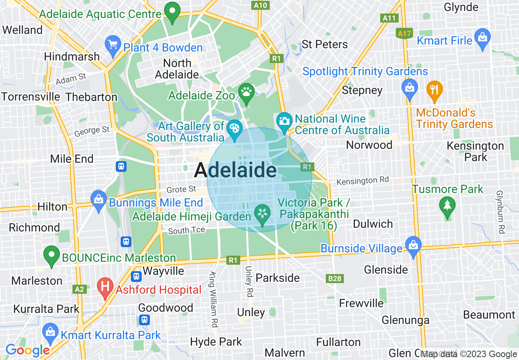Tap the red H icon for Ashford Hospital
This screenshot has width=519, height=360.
[105, 287]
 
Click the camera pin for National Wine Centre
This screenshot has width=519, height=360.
[284, 122]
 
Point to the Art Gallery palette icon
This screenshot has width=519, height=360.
[234, 129]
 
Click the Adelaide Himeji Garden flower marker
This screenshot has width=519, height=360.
[262, 214]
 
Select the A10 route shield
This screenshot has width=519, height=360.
[260, 5]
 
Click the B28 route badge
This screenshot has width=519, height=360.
[334, 279]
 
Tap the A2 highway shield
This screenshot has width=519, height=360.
[79, 289]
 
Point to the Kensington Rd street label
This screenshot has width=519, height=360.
[357, 180]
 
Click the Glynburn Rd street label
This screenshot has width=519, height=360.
[499, 212]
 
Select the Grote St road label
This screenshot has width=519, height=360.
[181, 189]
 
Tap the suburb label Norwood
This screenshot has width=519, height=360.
[369, 145]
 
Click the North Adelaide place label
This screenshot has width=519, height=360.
[177, 69]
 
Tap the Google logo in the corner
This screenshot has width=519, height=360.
[27, 351]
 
